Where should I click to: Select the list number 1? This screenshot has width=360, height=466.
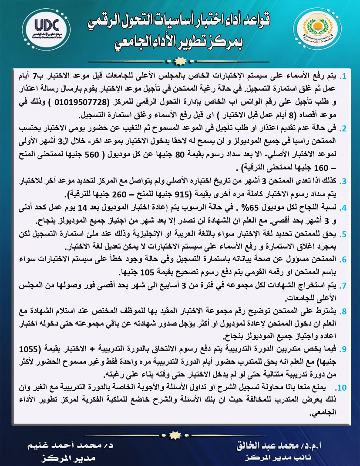tap(344, 77)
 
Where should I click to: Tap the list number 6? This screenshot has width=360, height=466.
tap(344, 260)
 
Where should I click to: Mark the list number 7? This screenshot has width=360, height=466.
tap(344, 286)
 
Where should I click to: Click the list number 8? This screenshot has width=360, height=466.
tap(344, 312)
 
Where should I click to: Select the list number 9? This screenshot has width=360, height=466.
tap(344, 350)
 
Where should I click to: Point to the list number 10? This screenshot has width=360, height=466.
tap(342, 387)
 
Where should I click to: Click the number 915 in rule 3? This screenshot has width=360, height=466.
tap(183, 193)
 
